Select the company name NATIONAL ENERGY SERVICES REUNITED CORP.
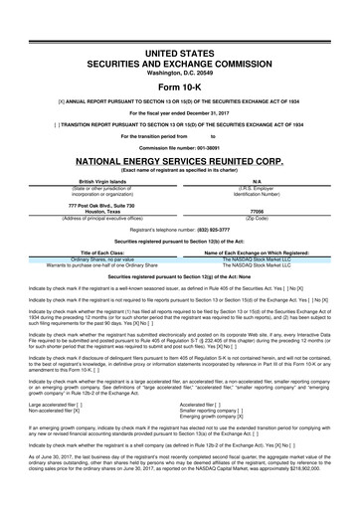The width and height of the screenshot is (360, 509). pyautogui.click(x=180, y=159)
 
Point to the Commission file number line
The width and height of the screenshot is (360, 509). pyautogui.click(x=180, y=143)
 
